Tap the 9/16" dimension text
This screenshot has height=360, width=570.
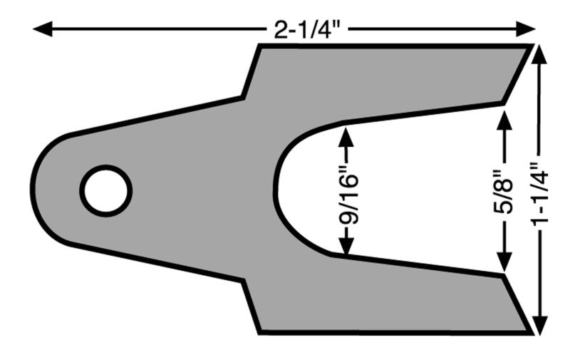346,192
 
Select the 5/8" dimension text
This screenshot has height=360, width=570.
504,192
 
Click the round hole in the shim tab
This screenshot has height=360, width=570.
105,191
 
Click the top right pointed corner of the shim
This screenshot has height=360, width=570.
531,46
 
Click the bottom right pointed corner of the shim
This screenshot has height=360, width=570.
531,331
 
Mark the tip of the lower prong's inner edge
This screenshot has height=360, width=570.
504,274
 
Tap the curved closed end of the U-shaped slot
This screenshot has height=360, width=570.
276,191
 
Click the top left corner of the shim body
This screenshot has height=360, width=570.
259,46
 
